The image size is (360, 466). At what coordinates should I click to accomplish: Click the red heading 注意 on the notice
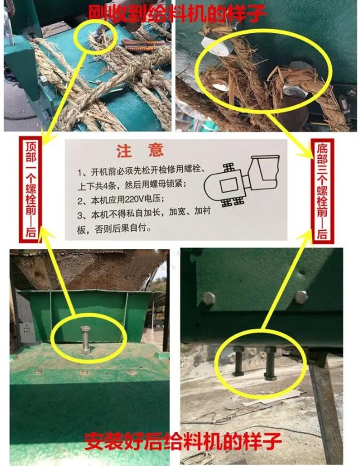pyautogui.click(x=140, y=151)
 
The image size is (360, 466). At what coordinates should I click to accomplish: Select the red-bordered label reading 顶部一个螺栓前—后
pyautogui.click(x=30, y=190)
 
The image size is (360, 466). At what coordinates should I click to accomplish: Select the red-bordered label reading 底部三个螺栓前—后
pyautogui.click(x=322, y=191)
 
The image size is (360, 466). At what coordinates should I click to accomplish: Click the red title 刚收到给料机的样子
pyautogui.click(x=176, y=13)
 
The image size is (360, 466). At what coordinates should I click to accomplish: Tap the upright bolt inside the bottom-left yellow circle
pyautogui.click(x=85, y=340)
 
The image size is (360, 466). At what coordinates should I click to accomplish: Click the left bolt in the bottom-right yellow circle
pyautogui.click(x=238, y=361)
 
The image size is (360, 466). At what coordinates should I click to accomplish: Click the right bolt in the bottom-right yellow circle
pyautogui.click(x=270, y=363)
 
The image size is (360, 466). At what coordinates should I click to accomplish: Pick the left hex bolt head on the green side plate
pyautogui.click(x=208, y=298)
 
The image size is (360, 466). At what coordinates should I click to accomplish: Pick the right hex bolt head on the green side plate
pyautogui.click(x=301, y=297)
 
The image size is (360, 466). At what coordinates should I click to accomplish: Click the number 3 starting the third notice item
pyautogui.click(x=80, y=215)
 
